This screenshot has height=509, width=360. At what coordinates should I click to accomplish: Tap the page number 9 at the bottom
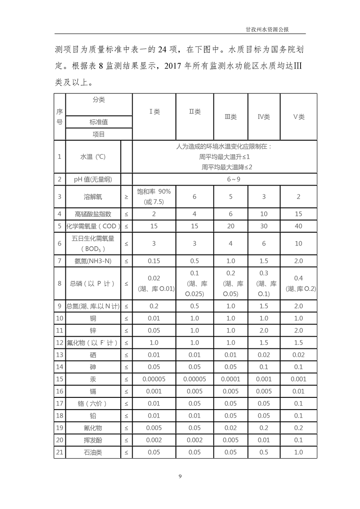point(180,475)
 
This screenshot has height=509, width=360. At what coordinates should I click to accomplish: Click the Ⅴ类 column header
point(298,117)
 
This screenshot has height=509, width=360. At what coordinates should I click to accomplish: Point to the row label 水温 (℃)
point(93,157)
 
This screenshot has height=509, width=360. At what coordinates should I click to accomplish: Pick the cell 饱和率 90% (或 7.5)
point(154,196)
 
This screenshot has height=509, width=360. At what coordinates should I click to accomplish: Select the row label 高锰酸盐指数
point(93,214)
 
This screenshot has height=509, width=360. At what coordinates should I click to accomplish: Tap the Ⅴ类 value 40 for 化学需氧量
point(298,225)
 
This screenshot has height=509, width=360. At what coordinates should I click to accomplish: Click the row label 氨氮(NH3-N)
point(93,261)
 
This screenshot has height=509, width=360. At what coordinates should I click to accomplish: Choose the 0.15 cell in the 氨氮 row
point(154,261)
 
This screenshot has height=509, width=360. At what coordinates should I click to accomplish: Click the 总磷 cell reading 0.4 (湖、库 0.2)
point(298,283)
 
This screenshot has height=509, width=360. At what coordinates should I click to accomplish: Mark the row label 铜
point(93,318)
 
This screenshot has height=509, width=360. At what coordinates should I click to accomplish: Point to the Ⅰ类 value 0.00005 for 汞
point(154,379)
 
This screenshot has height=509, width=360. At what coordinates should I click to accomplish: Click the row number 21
point(59,452)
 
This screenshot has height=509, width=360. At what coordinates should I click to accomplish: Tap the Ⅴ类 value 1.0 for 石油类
point(298,452)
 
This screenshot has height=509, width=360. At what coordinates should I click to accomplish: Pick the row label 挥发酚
point(93,440)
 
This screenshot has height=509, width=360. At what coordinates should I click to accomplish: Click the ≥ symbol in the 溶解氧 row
point(126,196)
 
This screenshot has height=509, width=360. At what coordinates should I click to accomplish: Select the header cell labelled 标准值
point(99,122)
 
